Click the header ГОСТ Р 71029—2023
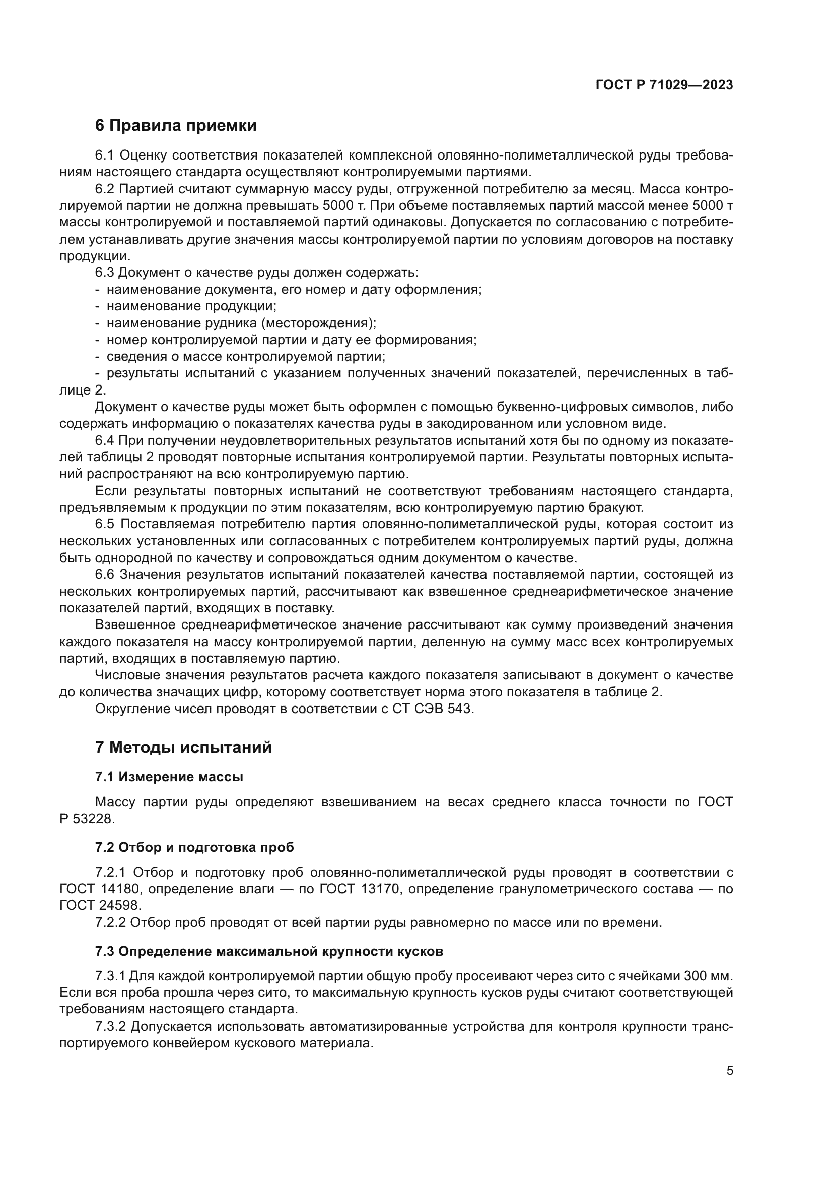[x=664, y=85]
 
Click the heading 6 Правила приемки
[x=175, y=126]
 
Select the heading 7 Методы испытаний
[x=183, y=748]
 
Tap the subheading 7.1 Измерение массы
[x=169, y=777]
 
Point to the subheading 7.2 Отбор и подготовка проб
[x=194, y=848]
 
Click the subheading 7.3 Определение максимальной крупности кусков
[x=269, y=952]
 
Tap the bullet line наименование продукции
[x=191, y=306]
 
